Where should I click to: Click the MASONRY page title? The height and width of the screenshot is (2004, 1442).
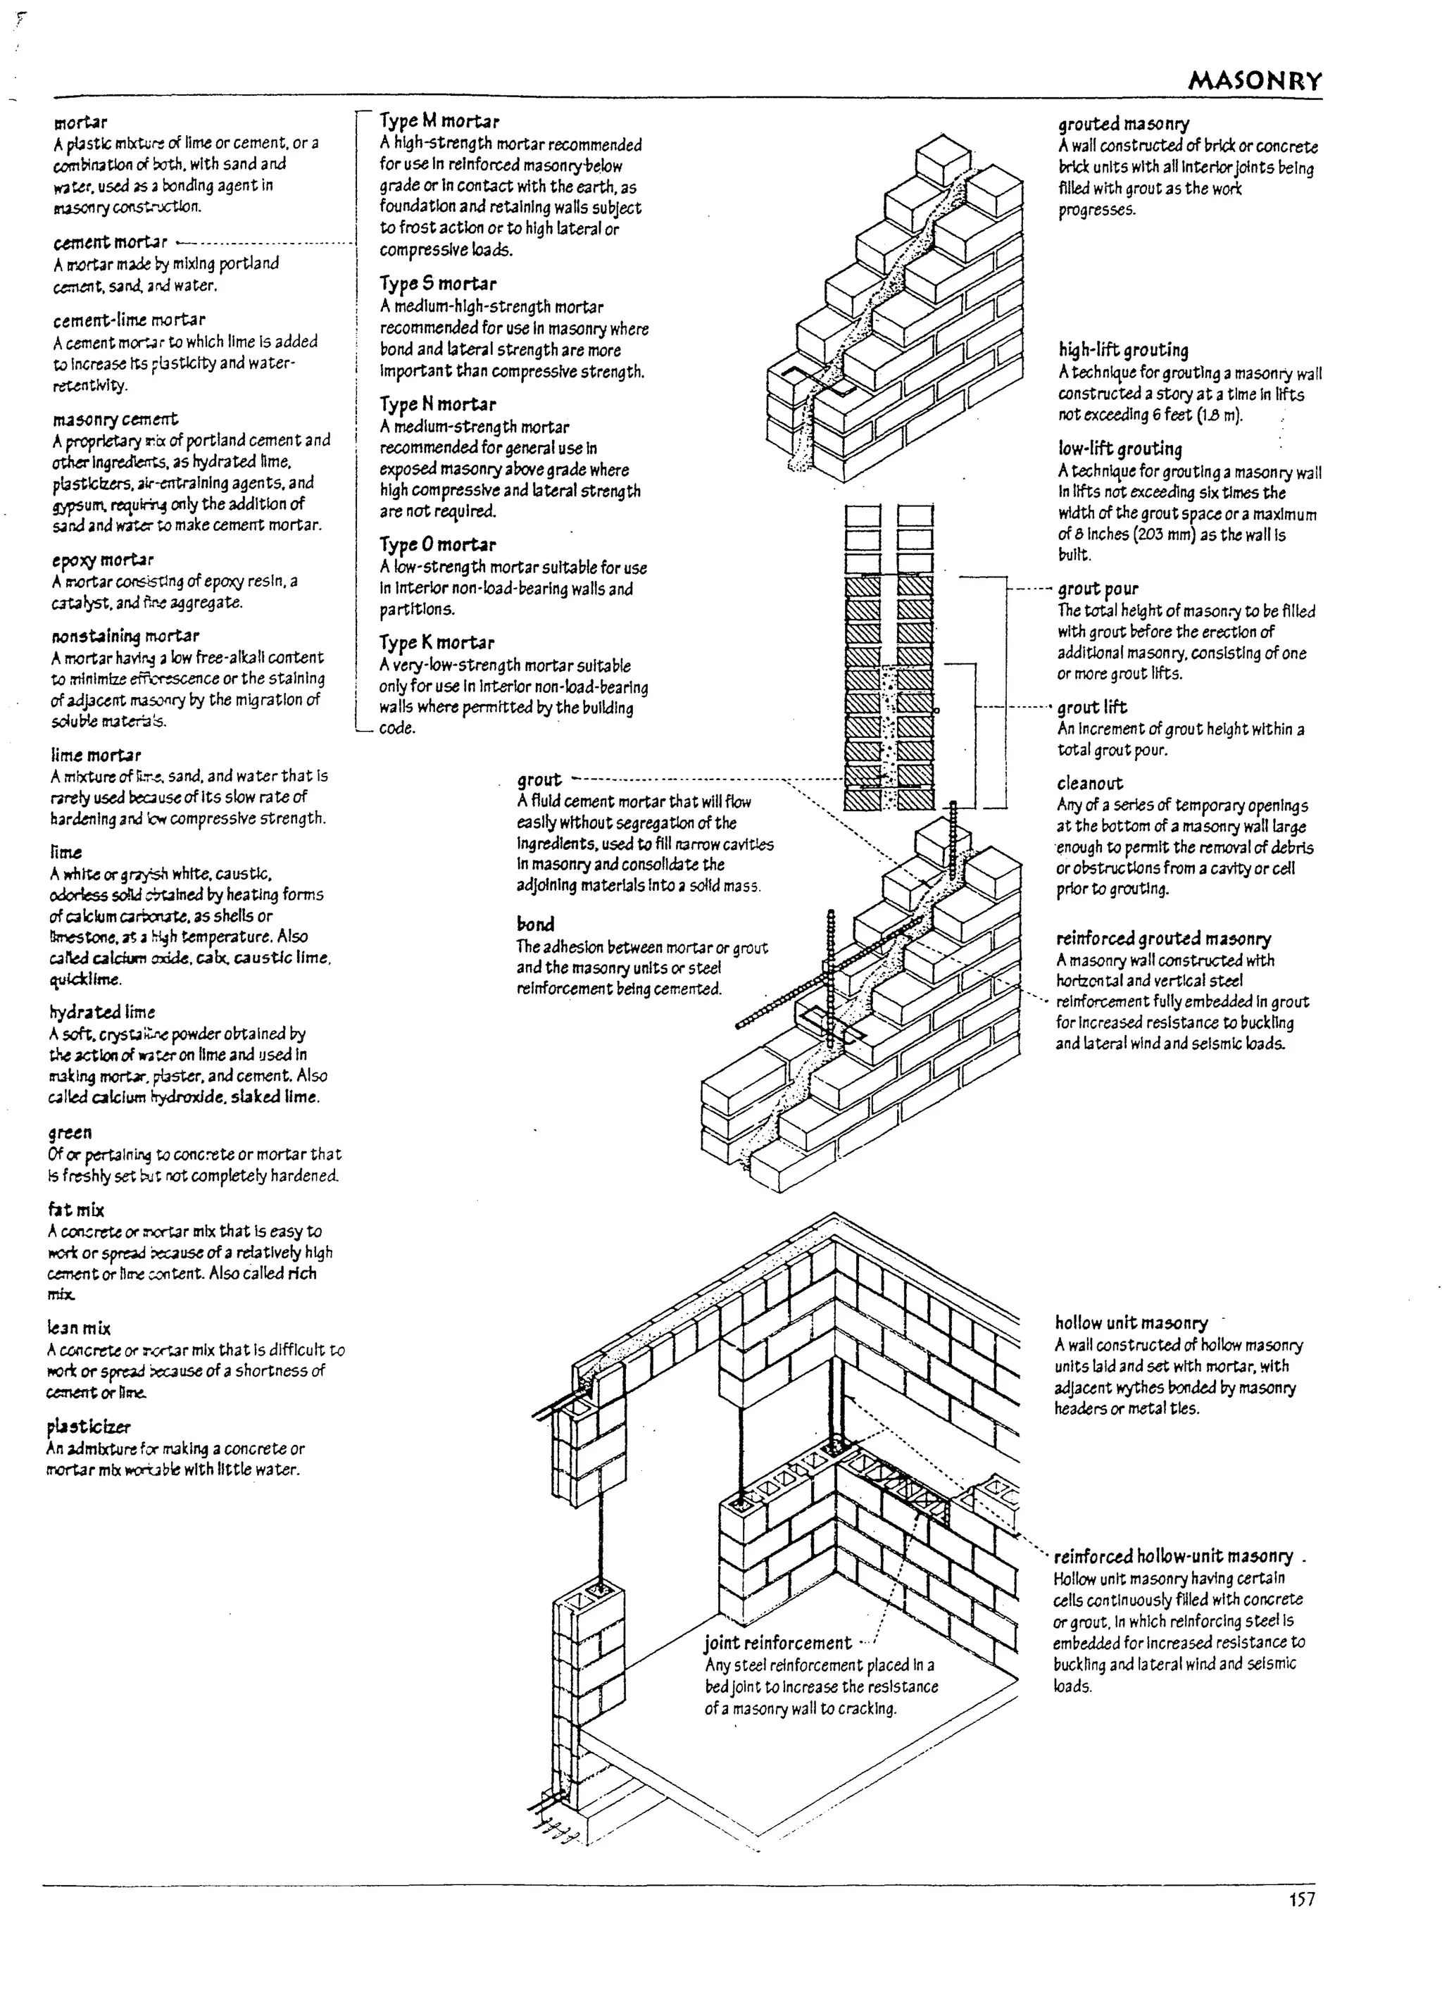tap(1255, 82)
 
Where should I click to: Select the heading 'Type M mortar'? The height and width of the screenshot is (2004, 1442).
tap(439, 121)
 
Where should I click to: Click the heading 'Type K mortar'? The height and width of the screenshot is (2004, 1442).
tap(437, 642)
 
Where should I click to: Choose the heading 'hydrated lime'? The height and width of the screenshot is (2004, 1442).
tap(101, 1012)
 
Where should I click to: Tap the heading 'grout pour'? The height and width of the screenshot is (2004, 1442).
tap(1098, 589)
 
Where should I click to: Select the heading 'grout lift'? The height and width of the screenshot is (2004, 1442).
tap(1092, 707)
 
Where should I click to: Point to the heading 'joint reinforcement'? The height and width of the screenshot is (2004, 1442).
tap(777, 1643)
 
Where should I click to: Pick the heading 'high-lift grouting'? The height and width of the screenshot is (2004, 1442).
tap(1123, 350)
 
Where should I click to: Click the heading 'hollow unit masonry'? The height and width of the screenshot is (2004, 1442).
tap(1131, 1323)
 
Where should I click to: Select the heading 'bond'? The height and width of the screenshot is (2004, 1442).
tap(535, 925)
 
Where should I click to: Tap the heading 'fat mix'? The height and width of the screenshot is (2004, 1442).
tap(76, 1210)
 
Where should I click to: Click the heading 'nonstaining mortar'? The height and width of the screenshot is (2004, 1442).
tap(125, 635)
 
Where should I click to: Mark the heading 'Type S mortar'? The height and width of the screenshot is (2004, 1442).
tap(437, 284)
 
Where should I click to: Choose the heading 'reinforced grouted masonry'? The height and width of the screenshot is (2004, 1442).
tap(1162, 939)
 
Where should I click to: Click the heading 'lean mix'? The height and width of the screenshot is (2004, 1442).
tap(79, 1328)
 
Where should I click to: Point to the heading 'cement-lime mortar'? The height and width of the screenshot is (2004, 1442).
tap(129, 320)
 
